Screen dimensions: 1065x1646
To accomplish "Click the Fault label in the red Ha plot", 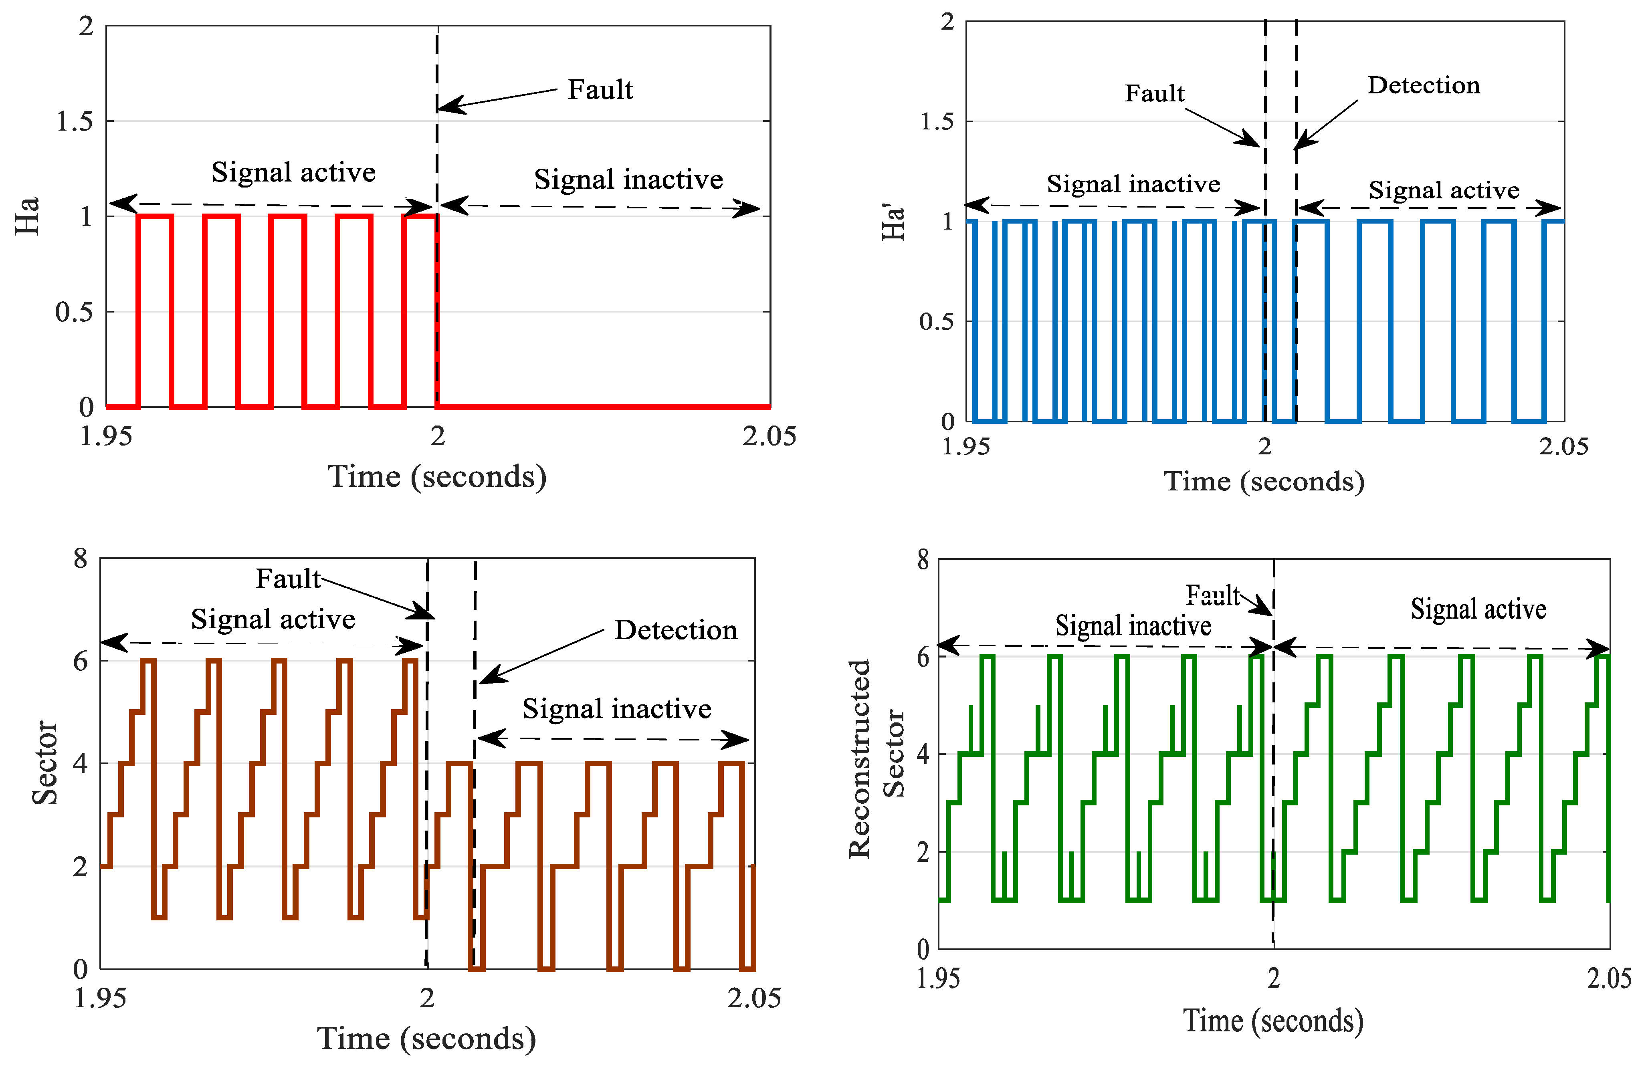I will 600,90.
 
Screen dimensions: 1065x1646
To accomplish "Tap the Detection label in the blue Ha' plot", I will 1423,85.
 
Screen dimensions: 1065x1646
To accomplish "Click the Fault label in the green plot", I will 1212,595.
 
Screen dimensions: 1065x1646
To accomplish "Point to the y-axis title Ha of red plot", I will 28,216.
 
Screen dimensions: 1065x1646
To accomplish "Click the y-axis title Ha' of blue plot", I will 894,221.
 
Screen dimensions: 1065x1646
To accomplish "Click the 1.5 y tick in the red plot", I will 75,122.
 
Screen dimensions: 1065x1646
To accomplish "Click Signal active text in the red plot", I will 293,172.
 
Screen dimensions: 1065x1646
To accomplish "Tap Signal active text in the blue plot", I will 1444,190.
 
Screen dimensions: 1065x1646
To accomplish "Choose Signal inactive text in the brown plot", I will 616,709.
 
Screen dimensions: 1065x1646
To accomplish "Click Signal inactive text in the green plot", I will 1133,626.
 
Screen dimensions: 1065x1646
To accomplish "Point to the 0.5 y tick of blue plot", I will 937,322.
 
